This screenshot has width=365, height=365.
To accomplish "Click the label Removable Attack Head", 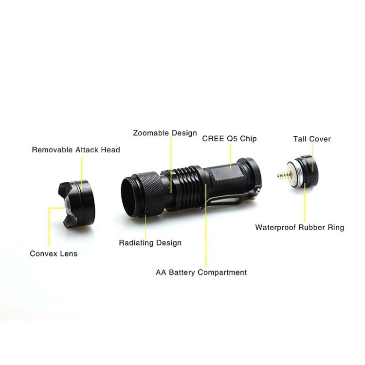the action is (x=76, y=150).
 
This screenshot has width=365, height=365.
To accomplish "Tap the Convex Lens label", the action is (x=54, y=254).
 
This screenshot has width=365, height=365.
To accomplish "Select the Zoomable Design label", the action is (x=165, y=133).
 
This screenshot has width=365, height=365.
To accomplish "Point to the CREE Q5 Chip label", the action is (x=229, y=139).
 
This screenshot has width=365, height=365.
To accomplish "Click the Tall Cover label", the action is (x=312, y=139).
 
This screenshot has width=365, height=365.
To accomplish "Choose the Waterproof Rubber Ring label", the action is (x=300, y=227).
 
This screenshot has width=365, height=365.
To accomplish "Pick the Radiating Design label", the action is (x=150, y=243).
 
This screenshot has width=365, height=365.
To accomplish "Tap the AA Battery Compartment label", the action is (x=201, y=273).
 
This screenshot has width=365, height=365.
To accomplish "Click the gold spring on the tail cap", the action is (x=285, y=175).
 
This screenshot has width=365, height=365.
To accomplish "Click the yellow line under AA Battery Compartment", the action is (x=206, y=226).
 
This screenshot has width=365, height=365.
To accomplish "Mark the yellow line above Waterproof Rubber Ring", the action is (x=305, y=202).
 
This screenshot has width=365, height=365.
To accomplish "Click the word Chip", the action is (x=248, y=139).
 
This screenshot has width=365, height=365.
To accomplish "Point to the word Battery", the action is (x=182, y=273).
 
